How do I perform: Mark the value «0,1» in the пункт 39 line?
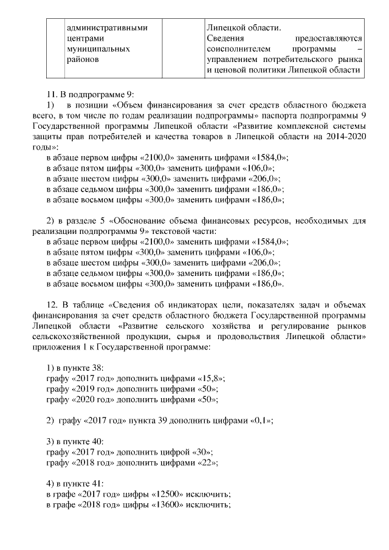click(x=260, y=421)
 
